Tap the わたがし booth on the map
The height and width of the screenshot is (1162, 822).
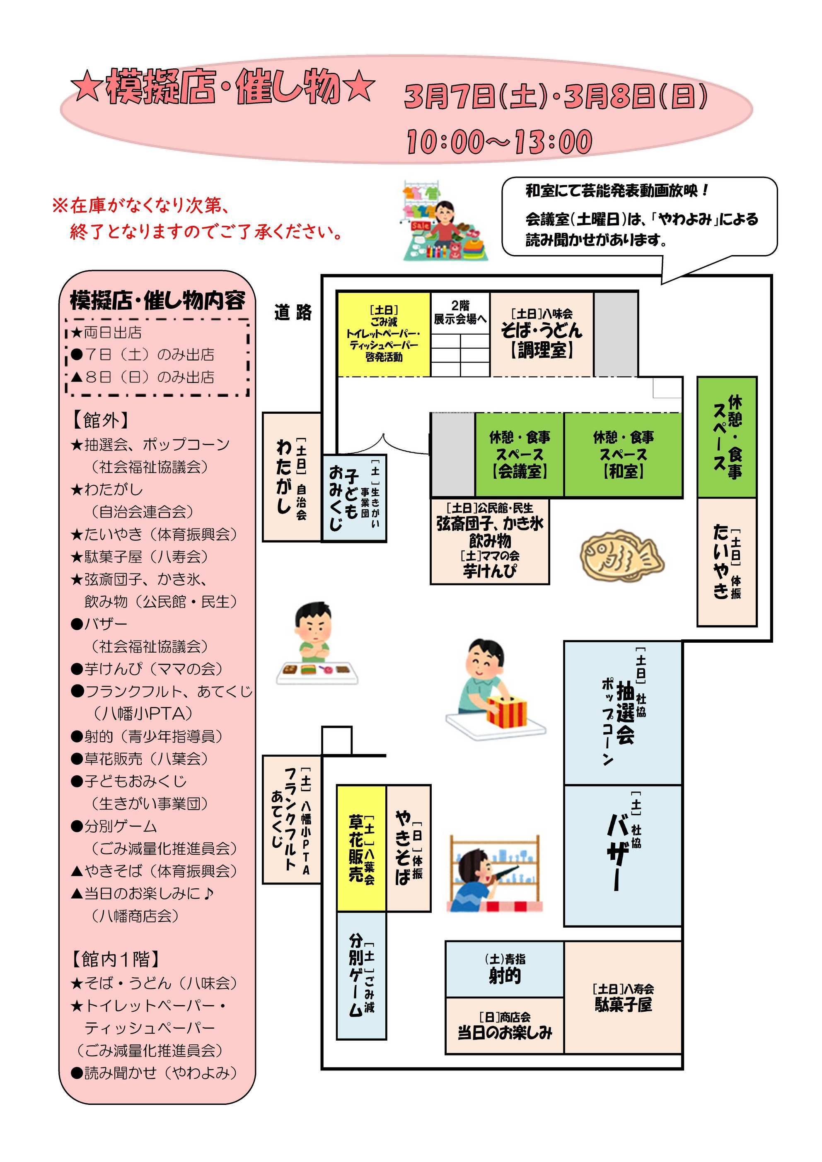tap(292, 477)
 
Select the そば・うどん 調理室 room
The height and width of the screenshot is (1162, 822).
tap(542, 334)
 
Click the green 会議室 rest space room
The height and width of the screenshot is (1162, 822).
tap(519, 454)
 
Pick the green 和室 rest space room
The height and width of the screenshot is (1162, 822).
tap(623, 454)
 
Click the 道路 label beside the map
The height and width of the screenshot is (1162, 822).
tap(293, 313)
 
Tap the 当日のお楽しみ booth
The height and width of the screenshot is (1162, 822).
tap(505, 1025)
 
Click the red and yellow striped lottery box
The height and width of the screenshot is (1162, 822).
tap(506, 711)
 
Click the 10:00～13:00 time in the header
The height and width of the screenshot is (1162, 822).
tap(499, 142)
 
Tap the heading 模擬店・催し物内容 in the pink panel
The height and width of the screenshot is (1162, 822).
tap(157, 301)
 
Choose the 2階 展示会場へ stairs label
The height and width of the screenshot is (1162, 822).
tap(460, 312)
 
